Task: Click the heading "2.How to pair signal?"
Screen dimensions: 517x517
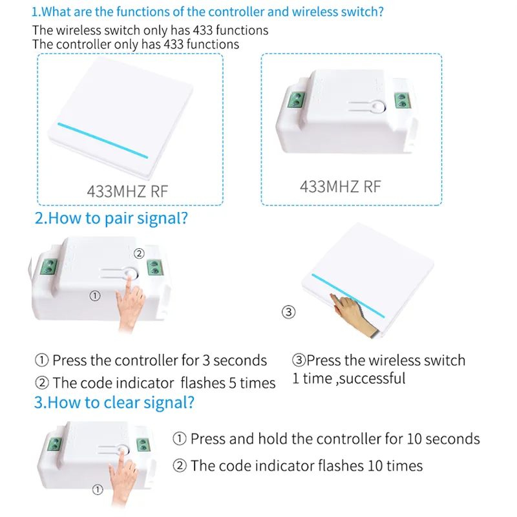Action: pyautogui.click(x=111, y=218)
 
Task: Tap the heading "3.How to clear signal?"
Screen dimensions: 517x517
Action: pyautogui.click(x=114, y=403)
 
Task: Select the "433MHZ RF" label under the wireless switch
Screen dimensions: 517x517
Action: pyautogui.click(x=127, y=191)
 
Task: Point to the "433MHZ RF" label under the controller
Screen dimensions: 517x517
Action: pyautogui.click(x=341, y=187)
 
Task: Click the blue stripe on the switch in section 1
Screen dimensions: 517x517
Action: pyautogui.click(x=103, y=140)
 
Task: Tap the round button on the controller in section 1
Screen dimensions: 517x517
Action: pyautogui.click(x=378, y=107)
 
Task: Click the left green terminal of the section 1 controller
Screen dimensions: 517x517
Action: pyautogui.click(x=296, y=100)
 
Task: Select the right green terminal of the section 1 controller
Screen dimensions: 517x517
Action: pyautogui.click(x=402, y=100)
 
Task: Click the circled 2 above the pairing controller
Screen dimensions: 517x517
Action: pyautogui.click(x=139, y=253)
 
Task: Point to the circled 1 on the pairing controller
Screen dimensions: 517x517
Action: pyautogui.click(x=95, y=296)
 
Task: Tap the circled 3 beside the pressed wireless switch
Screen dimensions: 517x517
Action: pyautogui.click(x=288, y=312)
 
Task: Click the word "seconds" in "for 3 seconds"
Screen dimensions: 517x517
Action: pyautogui.click(x=240, y=361)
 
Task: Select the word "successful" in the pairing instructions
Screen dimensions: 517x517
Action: pyautogui.click(x=373, y=379)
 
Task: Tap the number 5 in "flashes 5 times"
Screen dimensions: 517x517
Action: pyautogui.click(x=233, y=383)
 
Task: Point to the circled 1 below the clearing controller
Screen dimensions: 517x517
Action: pyautogui.click(x=98, y=490)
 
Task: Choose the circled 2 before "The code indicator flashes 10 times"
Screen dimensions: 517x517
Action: pyautogui.click(x=180, y=466)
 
